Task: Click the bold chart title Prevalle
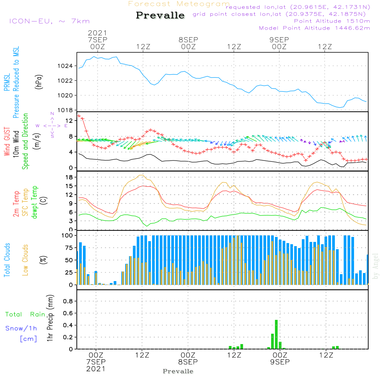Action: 160,16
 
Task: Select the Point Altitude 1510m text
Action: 332,21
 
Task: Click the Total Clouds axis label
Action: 7,260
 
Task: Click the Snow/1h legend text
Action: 22,329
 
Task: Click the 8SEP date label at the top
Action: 188,40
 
